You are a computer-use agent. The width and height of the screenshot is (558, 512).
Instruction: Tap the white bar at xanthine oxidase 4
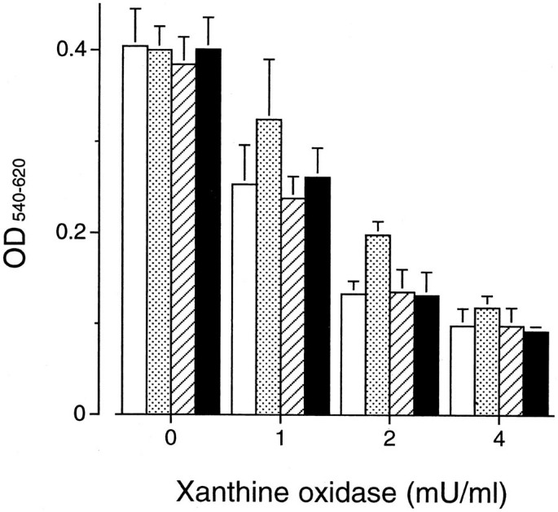tap(463, 370)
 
